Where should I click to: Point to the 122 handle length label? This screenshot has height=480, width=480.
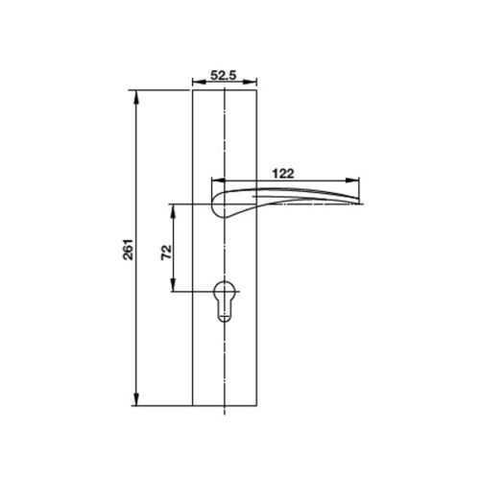[x=282, y=173]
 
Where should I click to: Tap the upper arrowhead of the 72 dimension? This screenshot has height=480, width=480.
[x=174, y=206]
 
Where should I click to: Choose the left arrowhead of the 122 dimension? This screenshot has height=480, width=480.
[x=216, y=180]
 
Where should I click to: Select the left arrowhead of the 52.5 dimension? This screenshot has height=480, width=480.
[x=196, y=82]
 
